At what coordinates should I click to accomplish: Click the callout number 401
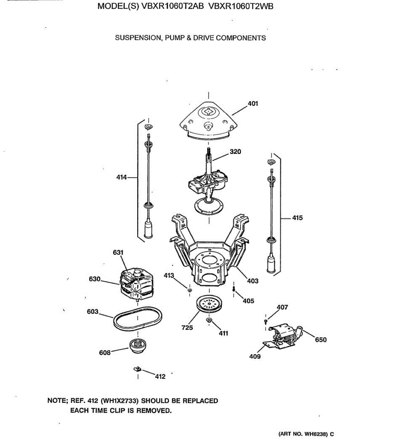253,104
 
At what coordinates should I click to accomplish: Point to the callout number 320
235,152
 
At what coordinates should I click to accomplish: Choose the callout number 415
297,218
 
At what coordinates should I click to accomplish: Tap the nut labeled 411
209,320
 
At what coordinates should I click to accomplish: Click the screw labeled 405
234,288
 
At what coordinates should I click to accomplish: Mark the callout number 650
320,340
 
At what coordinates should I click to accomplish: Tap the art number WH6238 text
316,434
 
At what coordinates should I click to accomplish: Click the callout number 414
122,177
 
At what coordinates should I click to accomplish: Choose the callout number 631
118,253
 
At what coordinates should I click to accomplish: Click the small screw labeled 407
266,322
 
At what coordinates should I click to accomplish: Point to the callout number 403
253,281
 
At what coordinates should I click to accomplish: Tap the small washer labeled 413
190,291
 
